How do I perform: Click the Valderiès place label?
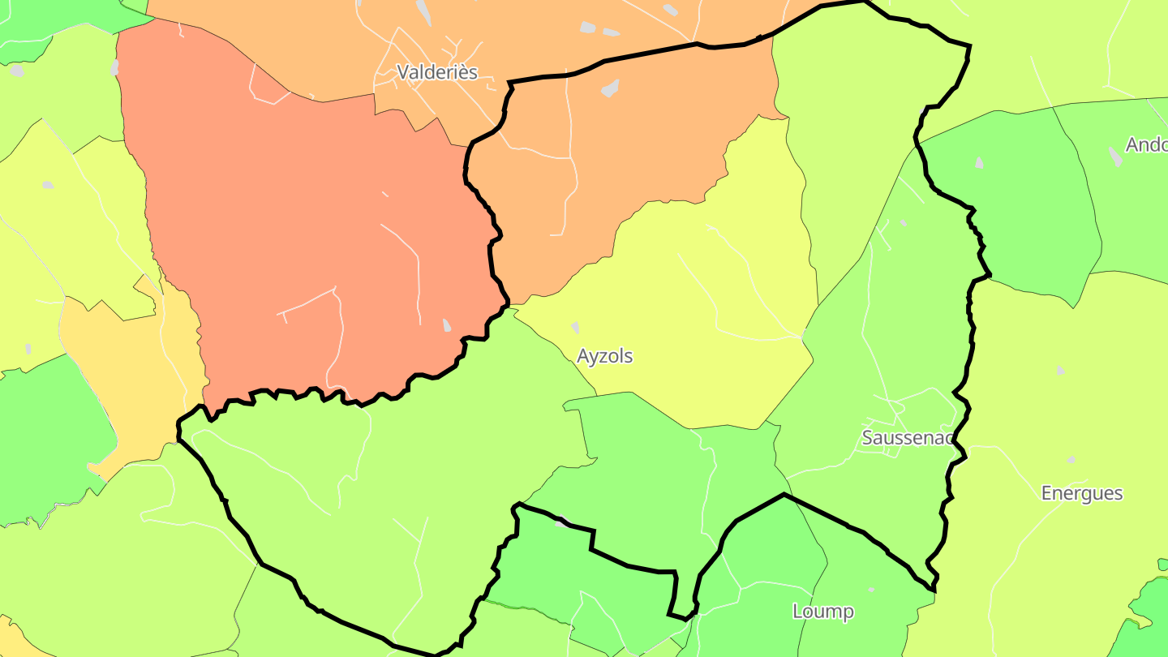tap(437, 72)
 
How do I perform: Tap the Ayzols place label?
tap(604, 356)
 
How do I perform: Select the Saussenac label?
tap(907, 438)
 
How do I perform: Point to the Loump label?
tap(822, 611)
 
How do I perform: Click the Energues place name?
tap(1081, 493)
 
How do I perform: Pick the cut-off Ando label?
tap(1146, 145)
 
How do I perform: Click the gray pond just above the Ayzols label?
tap(575, 328)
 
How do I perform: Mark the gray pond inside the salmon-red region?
tap(447, 325)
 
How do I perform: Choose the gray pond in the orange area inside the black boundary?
tap(610, 88)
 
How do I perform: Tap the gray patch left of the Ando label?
tap(1116, 157)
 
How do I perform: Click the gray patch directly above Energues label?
tap(1071, 460)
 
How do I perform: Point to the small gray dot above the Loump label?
tap(872, 590)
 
